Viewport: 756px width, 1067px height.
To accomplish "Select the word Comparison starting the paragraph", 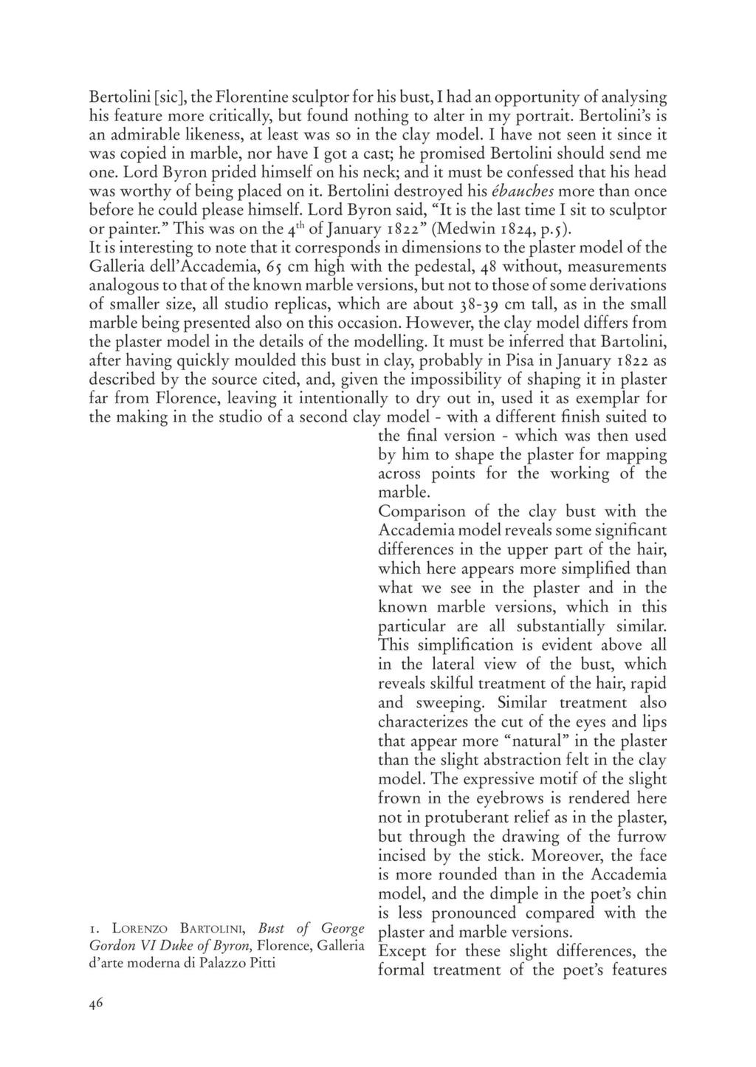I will pos(422,512).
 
